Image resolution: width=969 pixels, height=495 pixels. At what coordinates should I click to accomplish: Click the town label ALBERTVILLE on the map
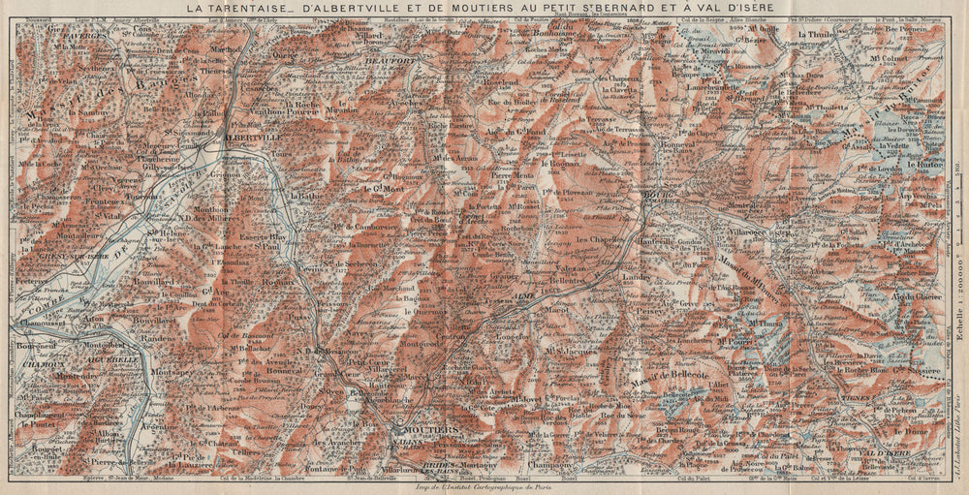pyautogui.click(x=249, y=138)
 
